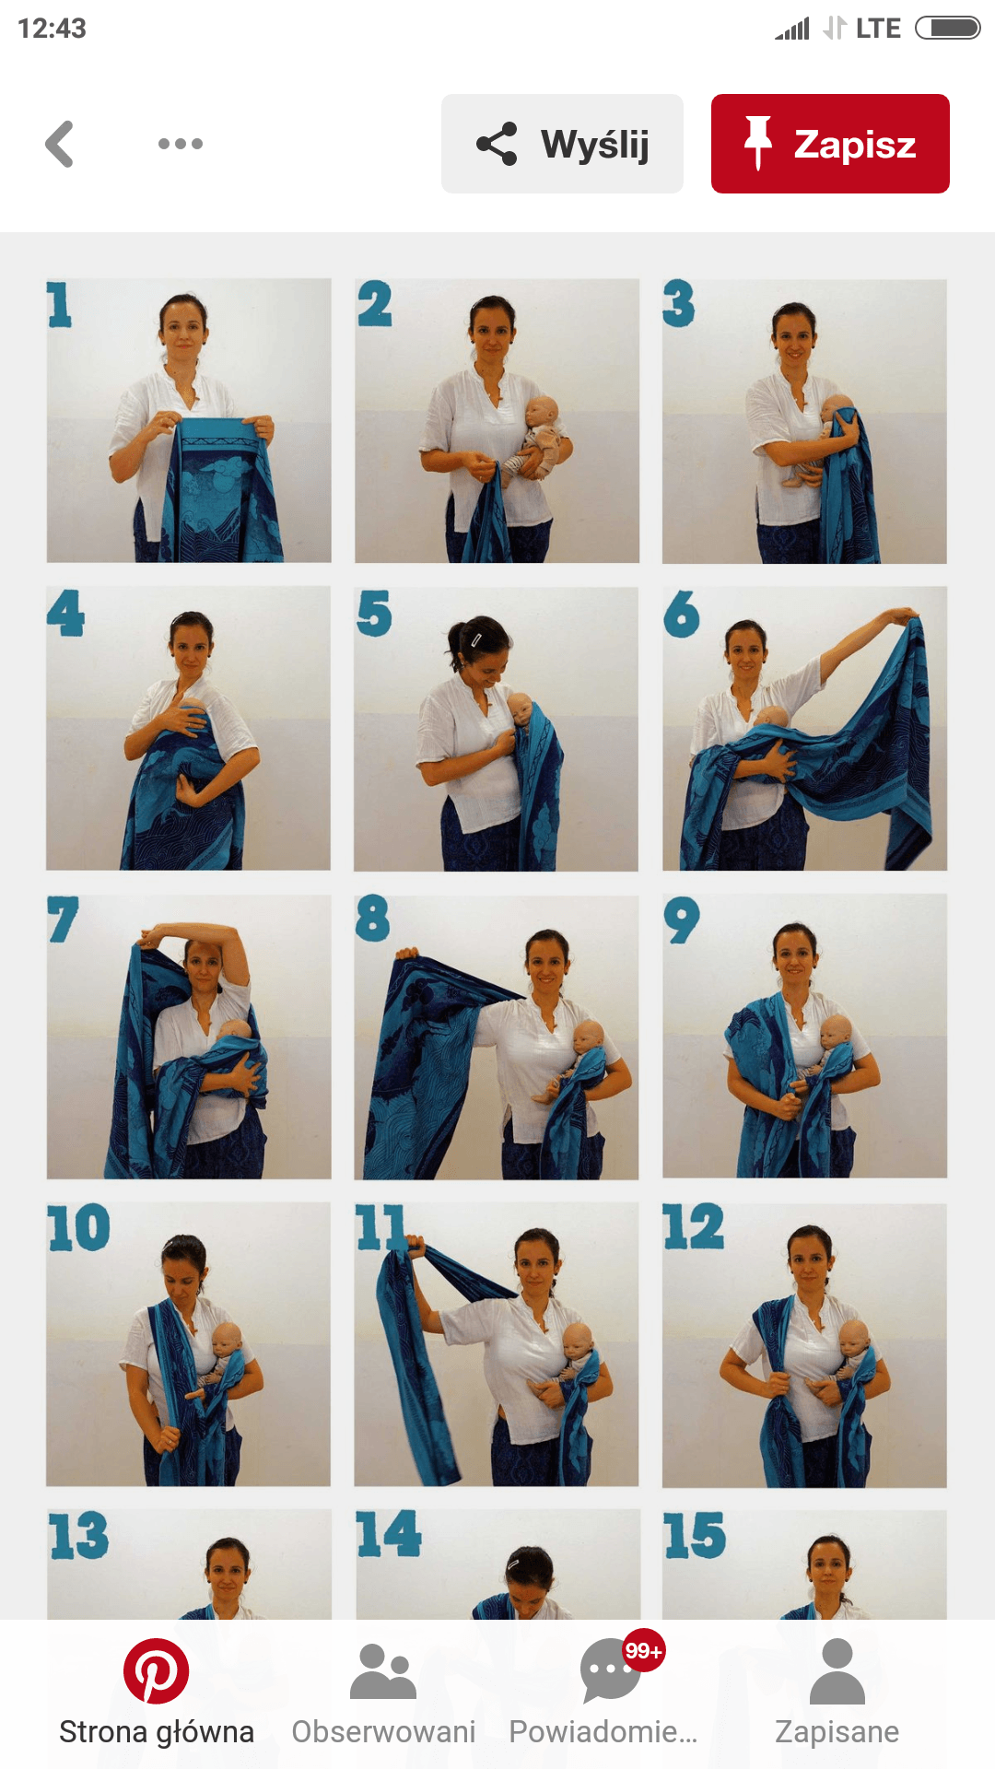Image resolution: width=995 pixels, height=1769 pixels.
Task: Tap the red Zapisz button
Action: click(x=830, y=144)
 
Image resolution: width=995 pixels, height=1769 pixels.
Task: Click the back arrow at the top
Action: click(x=60, y=144)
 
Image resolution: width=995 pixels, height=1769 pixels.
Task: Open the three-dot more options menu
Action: click(x=181, y=144)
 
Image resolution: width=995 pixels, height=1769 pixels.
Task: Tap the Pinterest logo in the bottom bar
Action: click(x=157, y=1671)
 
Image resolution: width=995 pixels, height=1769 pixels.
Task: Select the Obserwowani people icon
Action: click(x=383, y=1671)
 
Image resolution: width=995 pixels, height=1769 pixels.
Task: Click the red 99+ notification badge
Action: click(x=643, y=1651)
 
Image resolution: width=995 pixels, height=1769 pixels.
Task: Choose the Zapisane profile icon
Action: click(x=837, y=1671)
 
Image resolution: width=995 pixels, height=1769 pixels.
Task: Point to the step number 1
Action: click(x=60, y=305)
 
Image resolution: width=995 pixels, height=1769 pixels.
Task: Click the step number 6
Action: click(x=682, y=614)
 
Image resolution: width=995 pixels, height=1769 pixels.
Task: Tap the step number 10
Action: click(x=79, y=1228)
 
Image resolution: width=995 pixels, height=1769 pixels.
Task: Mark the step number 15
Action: click(x=695, y=1536)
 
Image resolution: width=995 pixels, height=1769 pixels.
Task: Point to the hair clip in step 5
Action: click(x=476, y=638)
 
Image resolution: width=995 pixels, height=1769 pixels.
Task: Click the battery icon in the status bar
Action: click(x=948, y=29)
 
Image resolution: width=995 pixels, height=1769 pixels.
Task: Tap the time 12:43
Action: click(x=52, y=29)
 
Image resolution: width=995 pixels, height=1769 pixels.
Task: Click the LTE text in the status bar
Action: click(x=878, y=29)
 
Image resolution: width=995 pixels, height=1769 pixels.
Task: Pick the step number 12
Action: click(x=694, y=1227)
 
